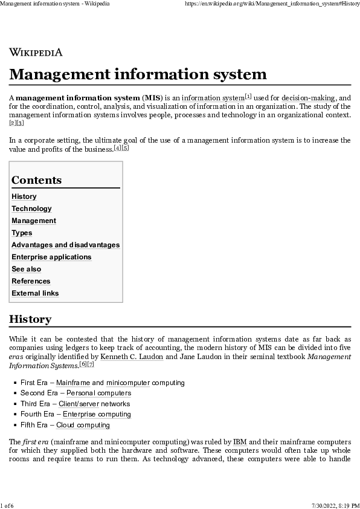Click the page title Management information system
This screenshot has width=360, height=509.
point(138,74)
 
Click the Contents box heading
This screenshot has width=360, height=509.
point(36,180)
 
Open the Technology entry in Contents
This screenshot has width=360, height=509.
point(31,209)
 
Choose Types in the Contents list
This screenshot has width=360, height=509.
point(22,233)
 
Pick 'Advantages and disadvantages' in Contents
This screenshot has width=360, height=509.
point(65,245)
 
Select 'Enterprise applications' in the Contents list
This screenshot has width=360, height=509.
point(51,257)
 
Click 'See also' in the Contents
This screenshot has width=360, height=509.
point(26,269)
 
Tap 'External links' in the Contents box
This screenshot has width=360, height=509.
point(35,293)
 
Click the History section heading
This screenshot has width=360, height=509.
point(30,319)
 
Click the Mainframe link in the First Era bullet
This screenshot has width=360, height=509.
point(73,383)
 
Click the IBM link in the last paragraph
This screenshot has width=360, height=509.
point(240,442)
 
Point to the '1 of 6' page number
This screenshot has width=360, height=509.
point(7,505)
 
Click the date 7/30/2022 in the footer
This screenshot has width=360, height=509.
point(321,505)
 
